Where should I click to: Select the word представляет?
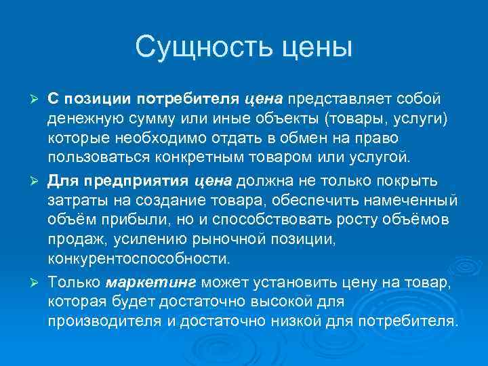[x=333, y=100]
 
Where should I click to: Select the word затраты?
[x=75, y=200]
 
